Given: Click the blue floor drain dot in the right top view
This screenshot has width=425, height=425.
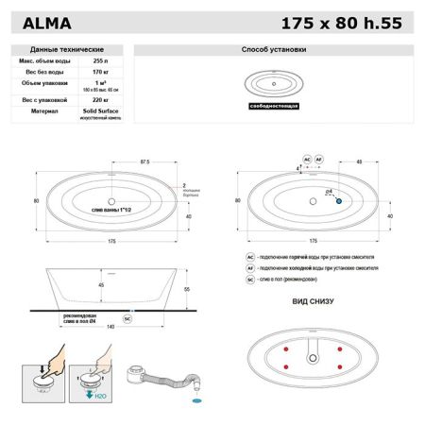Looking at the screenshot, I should pos(339,199).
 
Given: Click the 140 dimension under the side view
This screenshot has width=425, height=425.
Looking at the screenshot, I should pos(111,325).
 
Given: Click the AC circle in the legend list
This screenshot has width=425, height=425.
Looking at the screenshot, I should pos(250,256).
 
